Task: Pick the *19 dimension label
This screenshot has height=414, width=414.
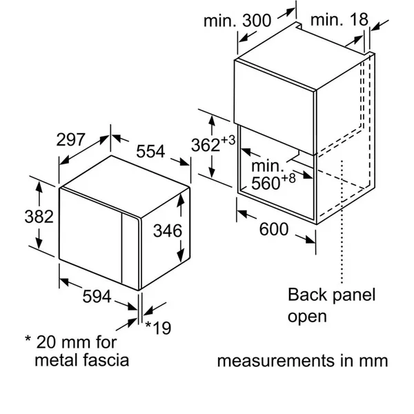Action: point(159,328)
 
